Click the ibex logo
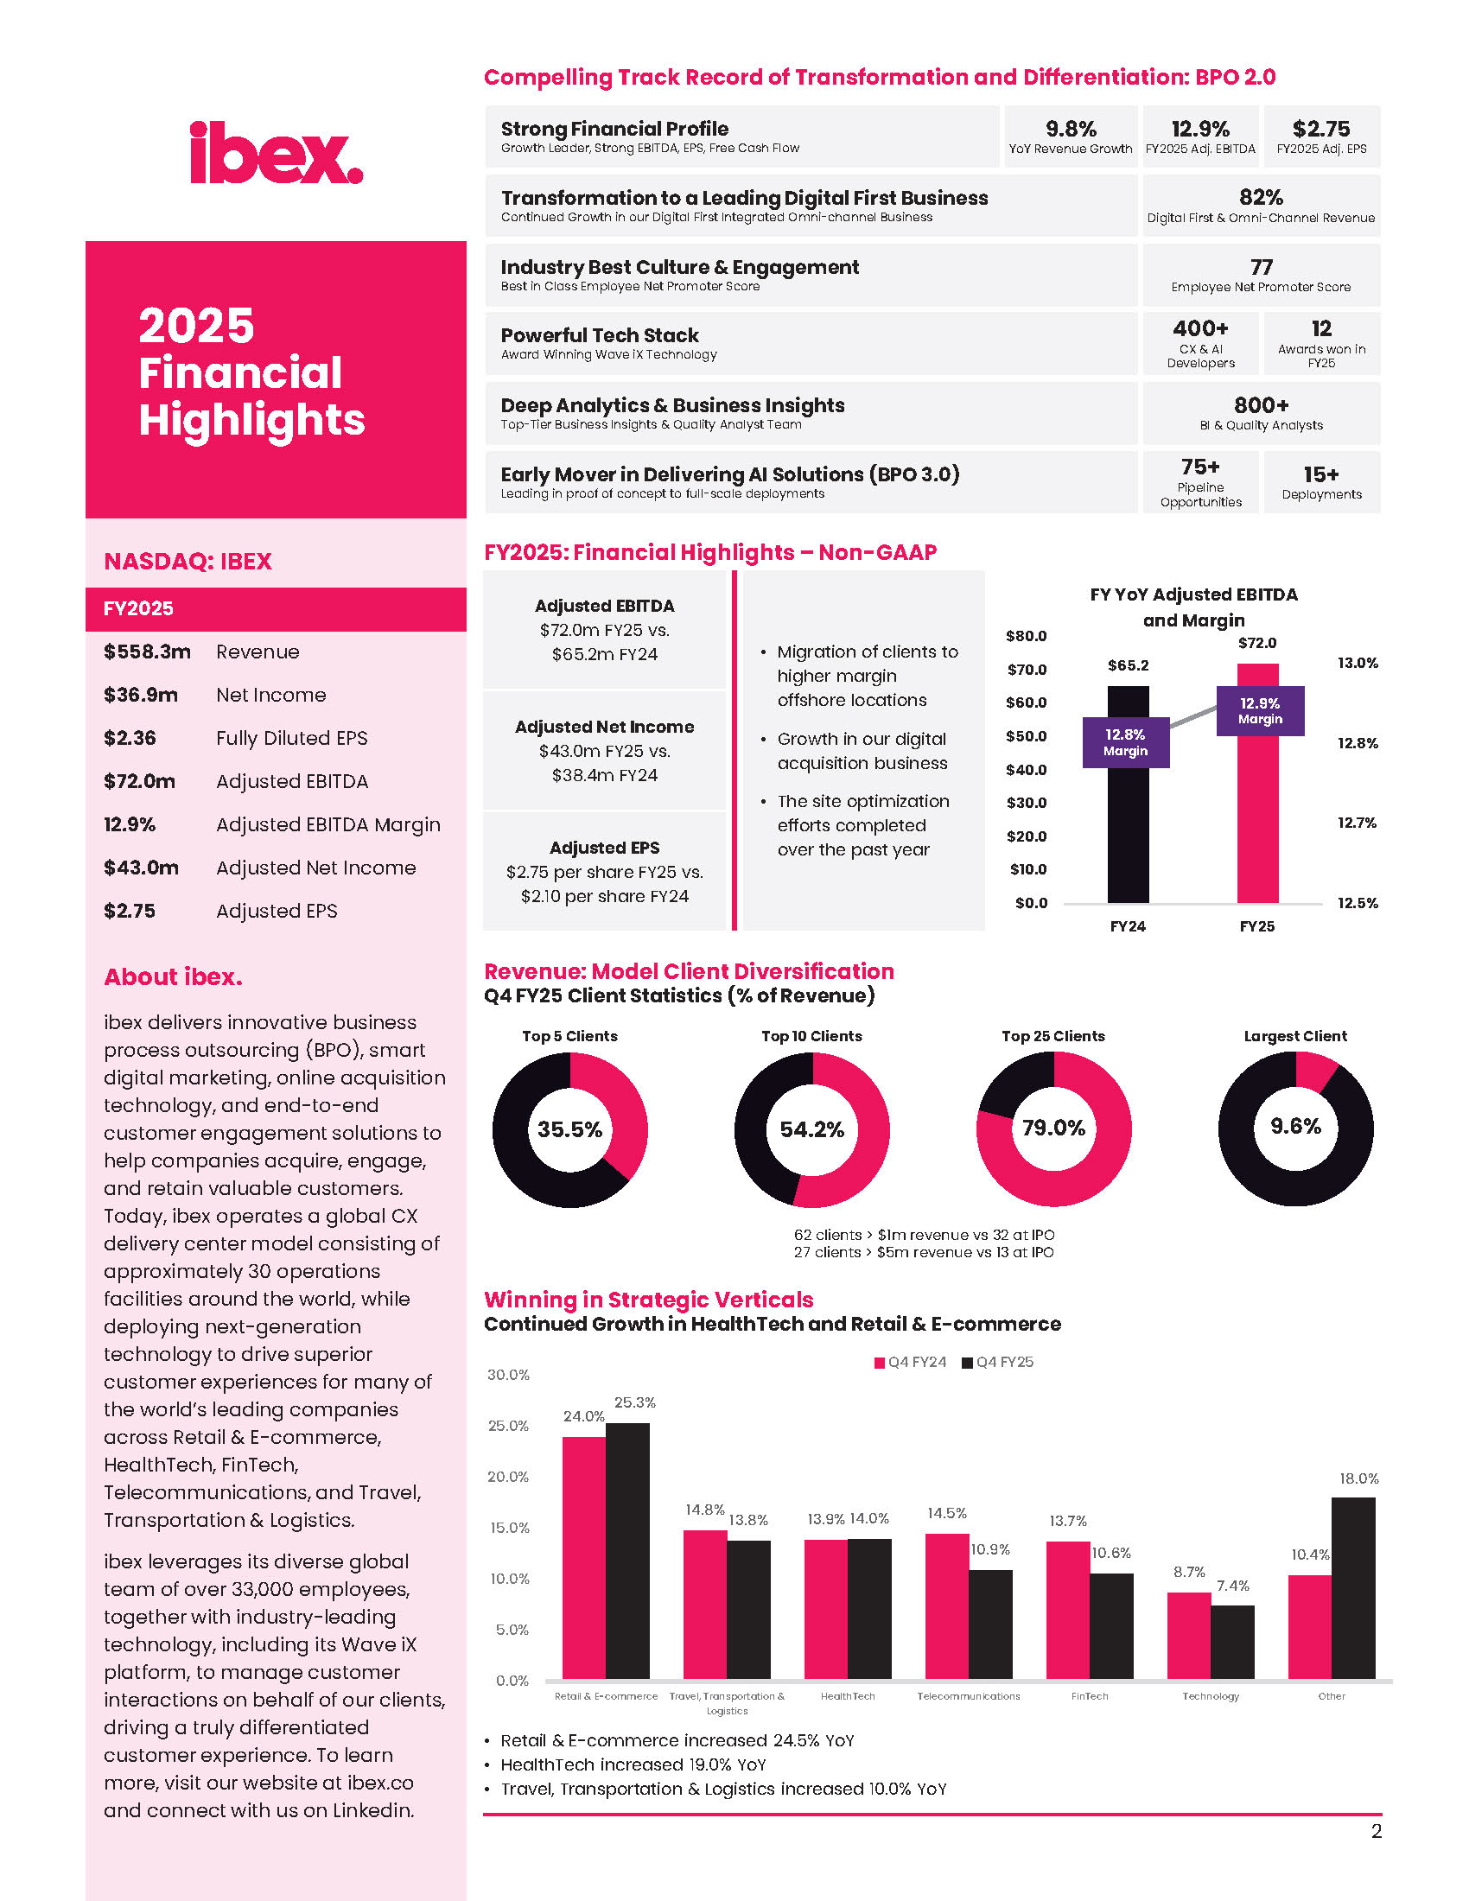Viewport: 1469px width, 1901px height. point(276,153)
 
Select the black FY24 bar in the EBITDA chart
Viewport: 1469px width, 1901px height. point(1128,794)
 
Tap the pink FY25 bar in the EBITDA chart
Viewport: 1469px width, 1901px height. point(1257,783)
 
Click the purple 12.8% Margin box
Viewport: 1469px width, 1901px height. point(1125,742)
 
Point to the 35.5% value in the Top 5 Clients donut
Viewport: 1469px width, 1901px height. point(569,1129)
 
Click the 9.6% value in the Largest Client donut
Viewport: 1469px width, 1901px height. point(1295,1126)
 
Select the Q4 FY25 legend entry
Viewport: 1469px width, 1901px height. point(997,1362)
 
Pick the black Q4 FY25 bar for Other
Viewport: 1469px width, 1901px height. point(1353,1587)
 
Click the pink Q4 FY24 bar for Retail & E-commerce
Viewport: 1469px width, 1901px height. point(584,1557)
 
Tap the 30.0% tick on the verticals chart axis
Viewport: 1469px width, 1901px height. point(508,1376)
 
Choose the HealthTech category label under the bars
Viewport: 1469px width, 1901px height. point(848,1696)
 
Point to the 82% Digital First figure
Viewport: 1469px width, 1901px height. point(1261,197)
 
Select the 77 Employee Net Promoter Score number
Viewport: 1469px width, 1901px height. point(1261,266)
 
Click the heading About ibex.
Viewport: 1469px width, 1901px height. point(173,976)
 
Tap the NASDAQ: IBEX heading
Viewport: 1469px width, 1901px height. point(188,562)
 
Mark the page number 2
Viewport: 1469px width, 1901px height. point(1376,1831)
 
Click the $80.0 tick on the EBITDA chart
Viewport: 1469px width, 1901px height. point(1026,636)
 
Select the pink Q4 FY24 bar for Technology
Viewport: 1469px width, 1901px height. point(1189,1636)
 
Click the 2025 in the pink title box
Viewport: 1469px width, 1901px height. point(197,326)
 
